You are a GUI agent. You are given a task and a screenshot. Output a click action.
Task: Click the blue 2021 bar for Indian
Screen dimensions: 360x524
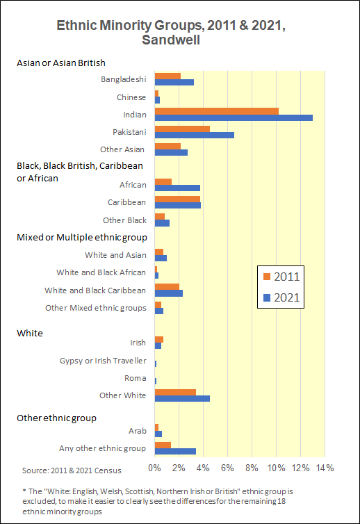[x=234, y=117]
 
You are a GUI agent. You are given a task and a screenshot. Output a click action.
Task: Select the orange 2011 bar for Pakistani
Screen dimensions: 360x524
[x=182, y=129]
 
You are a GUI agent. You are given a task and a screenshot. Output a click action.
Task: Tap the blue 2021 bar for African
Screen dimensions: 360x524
[x=177, y=188]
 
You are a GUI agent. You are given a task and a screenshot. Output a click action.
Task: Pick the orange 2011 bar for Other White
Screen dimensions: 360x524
[x=175, y=393]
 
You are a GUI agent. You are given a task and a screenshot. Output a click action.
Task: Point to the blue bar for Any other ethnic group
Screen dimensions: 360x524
[x=175, y=451]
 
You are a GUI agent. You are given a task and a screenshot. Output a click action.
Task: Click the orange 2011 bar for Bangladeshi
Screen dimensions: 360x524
[x=167, y=76]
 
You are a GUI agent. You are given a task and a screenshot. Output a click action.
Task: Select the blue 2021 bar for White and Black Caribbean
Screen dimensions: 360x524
[x=169, y=293]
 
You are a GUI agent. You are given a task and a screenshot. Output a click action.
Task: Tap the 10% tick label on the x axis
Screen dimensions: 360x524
[x=276, y=468]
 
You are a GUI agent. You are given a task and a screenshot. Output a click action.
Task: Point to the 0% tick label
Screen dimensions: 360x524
[x=154, y=468]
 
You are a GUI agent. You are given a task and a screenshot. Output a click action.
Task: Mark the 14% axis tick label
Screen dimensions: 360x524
[x=325, y=468]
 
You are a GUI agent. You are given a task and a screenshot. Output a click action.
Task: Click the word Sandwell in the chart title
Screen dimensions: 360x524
[x=171, y=40]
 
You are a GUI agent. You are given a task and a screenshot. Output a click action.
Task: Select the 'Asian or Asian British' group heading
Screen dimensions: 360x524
[x=61, y=63]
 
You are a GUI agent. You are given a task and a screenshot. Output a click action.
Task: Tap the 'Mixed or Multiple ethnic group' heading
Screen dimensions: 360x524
[x=82, y=237]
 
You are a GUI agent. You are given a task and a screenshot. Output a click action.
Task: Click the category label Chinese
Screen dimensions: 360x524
[x=131, y=97]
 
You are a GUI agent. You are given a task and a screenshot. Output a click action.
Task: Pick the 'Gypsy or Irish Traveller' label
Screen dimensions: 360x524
[x=103, y=361]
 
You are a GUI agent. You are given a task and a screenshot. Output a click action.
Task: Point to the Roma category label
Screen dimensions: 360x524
[x=136, y=378]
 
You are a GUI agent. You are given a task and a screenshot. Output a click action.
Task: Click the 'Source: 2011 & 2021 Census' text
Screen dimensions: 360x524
[x=72, y=470]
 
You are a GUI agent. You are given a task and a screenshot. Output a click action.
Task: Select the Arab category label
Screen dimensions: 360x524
[x=138, y=431]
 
